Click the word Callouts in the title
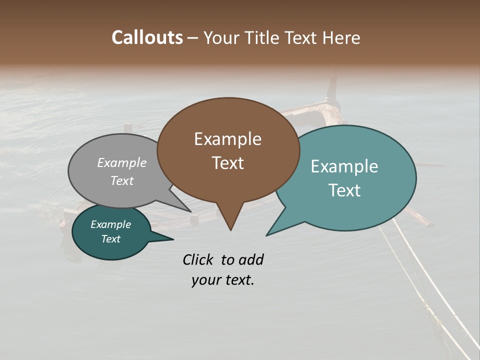point(147,37)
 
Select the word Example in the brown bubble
point(227,139)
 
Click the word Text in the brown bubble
point(227,163)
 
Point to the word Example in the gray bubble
point(122,162)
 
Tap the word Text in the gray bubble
point(122,180)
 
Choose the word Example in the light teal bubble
point(344,166)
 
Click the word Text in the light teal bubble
point(344,190)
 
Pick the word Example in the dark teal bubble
point(110,224)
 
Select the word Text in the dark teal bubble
point(110,239)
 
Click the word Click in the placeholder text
point(198,259)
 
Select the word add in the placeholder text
point(250,259)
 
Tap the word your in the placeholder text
point(204,280)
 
